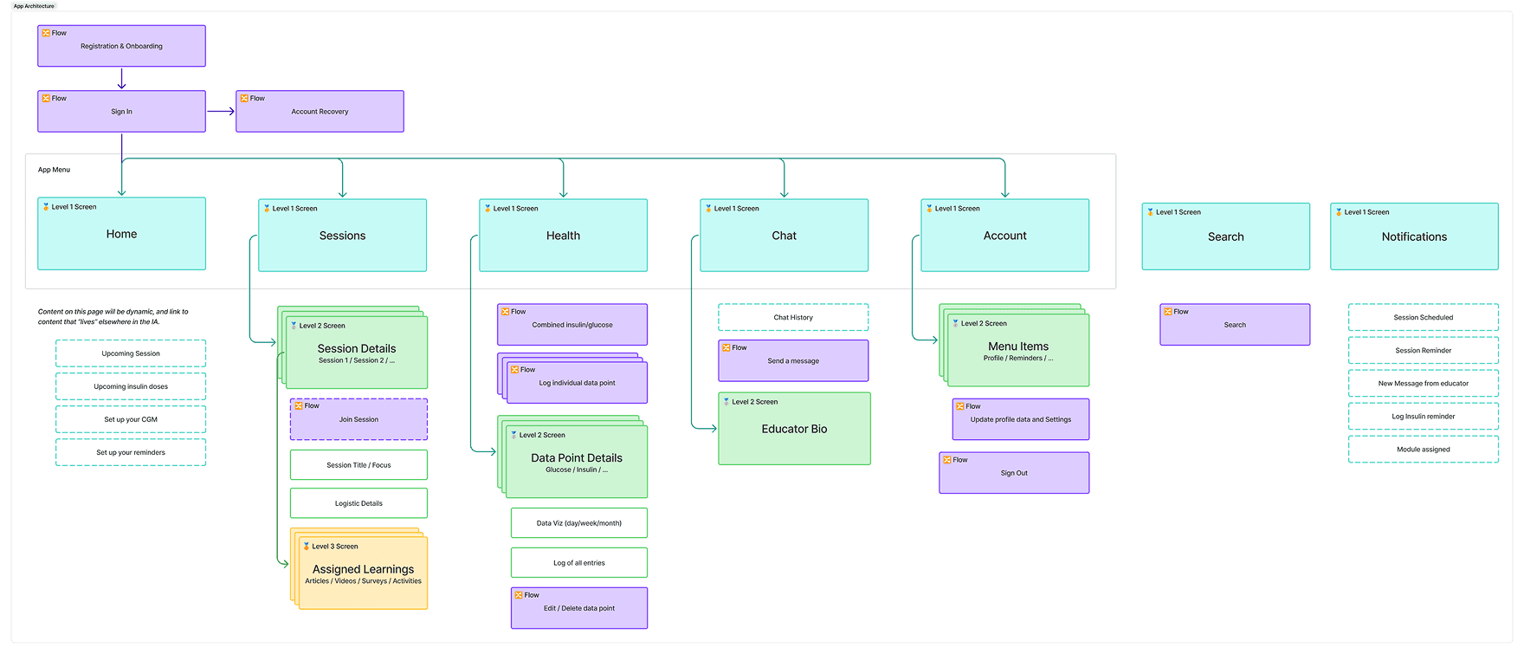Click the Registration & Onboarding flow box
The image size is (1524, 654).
(121, 46)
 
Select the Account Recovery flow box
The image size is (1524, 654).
(320, 111)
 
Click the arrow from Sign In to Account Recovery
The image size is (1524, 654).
(221, 111)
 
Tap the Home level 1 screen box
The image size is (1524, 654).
(121, 234)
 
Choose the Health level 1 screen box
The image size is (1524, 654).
(563, 236)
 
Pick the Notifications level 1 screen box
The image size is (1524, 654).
(1414, 236)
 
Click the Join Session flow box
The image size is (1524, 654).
(358, 419)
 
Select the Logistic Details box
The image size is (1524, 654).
(358, 503)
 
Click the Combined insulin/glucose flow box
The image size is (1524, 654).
(572, 325)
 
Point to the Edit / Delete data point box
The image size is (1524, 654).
(579, 608)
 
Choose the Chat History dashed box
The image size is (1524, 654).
(793, 317)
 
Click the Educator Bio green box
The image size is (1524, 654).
(794, 429)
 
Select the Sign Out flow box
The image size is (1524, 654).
(1014, 473)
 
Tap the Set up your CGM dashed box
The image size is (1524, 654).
(131, 419)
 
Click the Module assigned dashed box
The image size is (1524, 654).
(1423, 450)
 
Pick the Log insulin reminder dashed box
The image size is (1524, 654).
(1423, 417)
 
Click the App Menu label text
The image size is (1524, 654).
(54, 170)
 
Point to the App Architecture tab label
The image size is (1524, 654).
(34, 6)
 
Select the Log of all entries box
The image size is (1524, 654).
(579, 563)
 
